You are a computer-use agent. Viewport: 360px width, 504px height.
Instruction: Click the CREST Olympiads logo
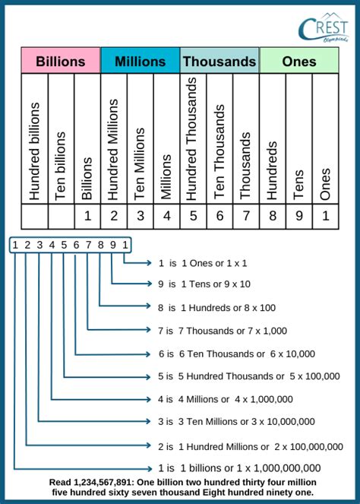coord(323,27)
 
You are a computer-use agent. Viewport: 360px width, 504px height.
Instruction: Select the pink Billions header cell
coord(61,60)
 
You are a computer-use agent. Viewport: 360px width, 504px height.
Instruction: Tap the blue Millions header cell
coord(141,60)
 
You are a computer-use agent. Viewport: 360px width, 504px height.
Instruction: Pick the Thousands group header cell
coord(219,60)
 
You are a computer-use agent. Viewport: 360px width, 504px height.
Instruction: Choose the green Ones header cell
coord(299,60)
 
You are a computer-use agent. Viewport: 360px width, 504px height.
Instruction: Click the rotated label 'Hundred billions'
coord(34,151)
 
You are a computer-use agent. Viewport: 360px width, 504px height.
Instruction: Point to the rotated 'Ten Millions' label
coord(140,164)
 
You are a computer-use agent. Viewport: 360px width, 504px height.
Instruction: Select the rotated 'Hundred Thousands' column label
coord(191,139)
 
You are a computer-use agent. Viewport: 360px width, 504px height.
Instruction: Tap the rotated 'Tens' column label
coord(298,184)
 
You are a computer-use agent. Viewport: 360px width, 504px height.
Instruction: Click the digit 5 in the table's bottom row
coord(194,216)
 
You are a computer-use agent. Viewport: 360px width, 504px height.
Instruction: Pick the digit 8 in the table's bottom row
coord(273,216)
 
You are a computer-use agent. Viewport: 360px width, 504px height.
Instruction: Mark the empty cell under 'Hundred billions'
coord(35,217)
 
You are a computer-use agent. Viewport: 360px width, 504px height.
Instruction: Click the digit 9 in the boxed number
coord(112,245)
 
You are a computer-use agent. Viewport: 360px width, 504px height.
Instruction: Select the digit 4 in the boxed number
coord(52,245)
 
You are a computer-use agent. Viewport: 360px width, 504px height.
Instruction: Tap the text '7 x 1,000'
coord(267,331)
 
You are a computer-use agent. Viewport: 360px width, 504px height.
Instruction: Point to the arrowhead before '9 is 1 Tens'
coord(149,284)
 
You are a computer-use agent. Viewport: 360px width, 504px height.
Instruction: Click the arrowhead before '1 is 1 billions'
coord(149,468)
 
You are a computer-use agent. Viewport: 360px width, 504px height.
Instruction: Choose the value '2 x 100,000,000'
coord(308,446)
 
